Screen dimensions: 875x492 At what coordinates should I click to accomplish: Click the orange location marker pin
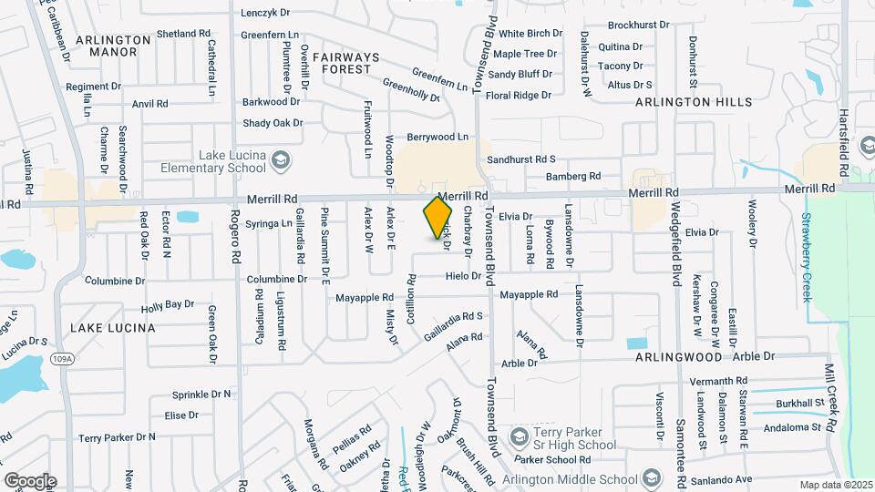click(437, 217)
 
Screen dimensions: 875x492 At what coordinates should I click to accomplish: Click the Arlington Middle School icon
click(651, 477)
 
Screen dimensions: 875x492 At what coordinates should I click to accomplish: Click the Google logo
click(30, 480)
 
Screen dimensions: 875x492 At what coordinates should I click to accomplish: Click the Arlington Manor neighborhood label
click(113, 46)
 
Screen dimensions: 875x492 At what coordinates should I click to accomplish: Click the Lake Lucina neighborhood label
click(112, 327)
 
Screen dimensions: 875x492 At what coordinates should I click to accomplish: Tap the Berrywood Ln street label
click(437, 138)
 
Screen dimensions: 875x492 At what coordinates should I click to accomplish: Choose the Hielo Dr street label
click(463, 276)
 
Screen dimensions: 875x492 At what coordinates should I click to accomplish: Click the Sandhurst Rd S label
click(521, 159)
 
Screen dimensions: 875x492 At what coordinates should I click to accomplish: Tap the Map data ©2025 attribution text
click(834, 485)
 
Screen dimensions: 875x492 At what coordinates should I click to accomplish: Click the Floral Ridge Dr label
click(519, 95)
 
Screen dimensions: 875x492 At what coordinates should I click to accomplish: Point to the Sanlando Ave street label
click(719, 479)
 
